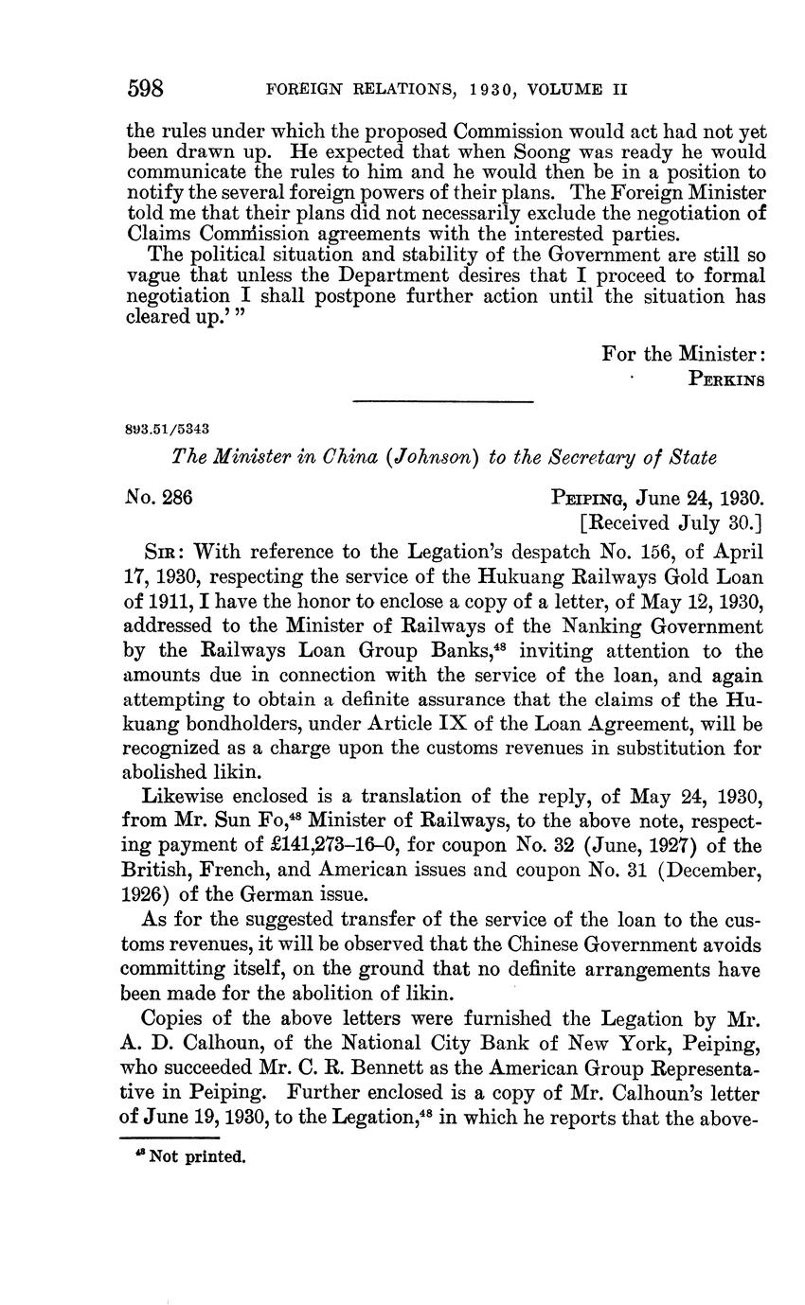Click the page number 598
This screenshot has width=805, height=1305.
pyautogui.click(x=146, y=89)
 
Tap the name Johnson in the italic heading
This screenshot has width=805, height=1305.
pyautogui.click(x=433, y=457)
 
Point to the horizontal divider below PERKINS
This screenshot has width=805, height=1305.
pyautogui.click(x=443, y=403)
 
